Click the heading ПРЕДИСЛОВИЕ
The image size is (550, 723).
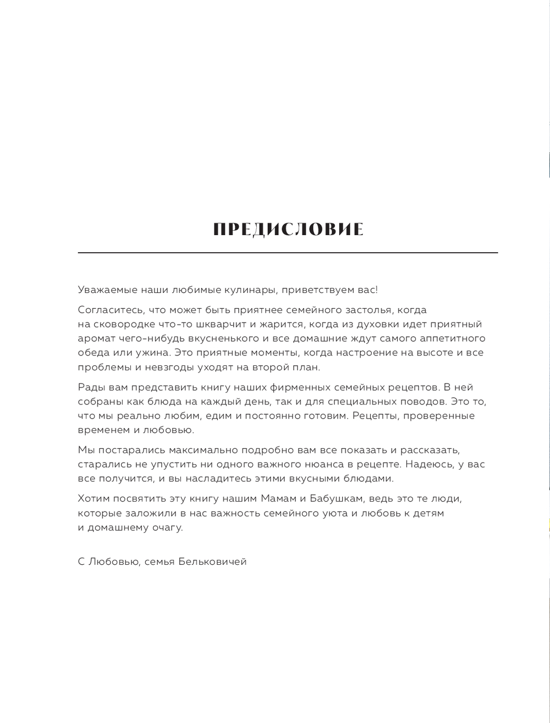[288, 230]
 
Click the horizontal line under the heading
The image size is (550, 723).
[288, 253]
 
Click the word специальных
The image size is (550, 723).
[366, 402]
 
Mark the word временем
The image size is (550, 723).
[103, 430]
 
